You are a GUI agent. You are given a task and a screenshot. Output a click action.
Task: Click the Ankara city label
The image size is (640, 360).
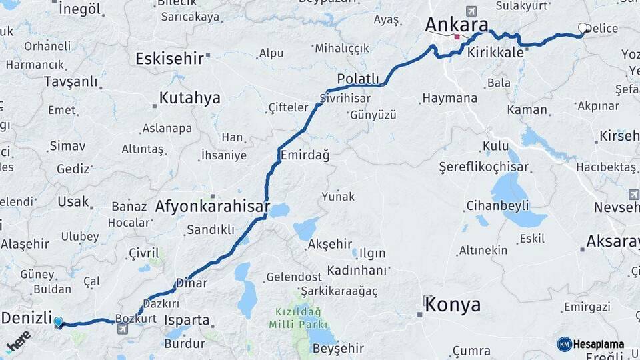click(x=457, y=23)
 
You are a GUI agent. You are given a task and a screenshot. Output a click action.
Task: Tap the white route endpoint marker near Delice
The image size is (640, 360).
click(x=583, y=28)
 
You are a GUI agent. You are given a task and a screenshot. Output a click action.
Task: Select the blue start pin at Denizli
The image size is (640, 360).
click(x=58, y=323)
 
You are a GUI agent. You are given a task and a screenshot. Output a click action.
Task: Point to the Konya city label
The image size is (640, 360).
click(x=453, y=305)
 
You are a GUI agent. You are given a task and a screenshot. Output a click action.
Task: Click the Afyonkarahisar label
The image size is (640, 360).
click(x=212, y=207)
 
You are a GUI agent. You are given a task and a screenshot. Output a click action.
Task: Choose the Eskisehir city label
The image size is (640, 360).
click(x=169, y=59)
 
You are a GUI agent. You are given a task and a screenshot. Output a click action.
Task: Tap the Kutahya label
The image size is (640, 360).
click(x=189, y=98)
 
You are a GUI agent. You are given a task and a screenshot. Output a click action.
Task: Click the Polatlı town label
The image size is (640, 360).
click(x=358, y=78)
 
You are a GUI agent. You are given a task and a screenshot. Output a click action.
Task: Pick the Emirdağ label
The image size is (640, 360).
click(x=305, y=155)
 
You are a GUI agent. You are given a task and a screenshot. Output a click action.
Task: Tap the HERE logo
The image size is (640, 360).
click(x=18, y=341)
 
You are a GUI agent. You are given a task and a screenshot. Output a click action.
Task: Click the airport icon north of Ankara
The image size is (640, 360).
click(x=473, y=11)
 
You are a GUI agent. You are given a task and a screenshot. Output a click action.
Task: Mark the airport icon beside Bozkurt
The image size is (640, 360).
click(x=123, y=329)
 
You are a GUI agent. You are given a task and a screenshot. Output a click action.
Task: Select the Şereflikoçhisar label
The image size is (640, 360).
click(x=483, y=167)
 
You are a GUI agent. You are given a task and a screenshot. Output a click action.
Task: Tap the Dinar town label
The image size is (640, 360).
click(x=192, y=283)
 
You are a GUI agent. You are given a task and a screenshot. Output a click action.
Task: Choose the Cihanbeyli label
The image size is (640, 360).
click(x=497, y=205)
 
